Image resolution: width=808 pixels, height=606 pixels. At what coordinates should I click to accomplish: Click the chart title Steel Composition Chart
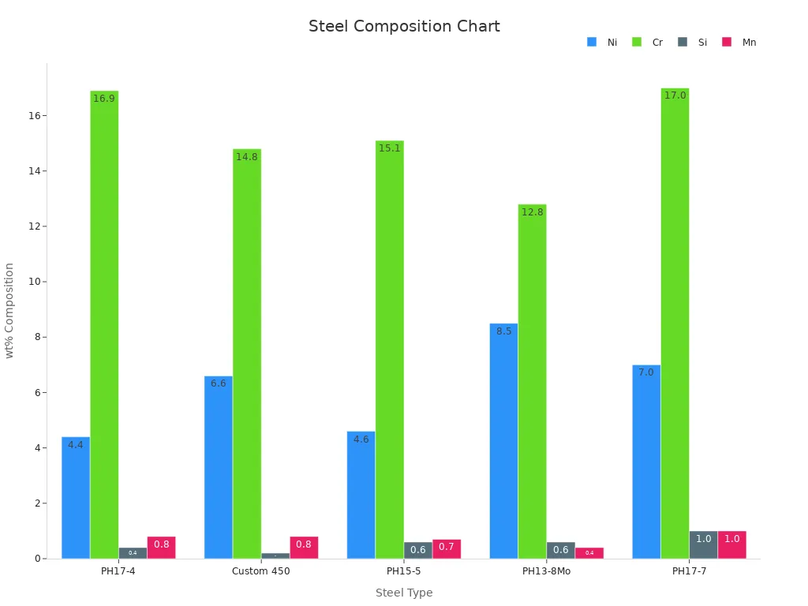(404, 26)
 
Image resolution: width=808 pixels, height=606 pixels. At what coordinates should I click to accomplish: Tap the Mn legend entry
(739, 43)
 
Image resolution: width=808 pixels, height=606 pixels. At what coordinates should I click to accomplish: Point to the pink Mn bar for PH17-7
(731, 545)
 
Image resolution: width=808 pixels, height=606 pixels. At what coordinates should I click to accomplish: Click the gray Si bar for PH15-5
(417, 550)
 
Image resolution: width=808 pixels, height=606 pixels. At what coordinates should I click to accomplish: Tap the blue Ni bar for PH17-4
(76, 497)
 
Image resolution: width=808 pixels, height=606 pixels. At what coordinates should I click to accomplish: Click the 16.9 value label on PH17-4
(104, 99)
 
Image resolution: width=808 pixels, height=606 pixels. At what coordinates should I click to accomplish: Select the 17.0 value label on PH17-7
(675, 95)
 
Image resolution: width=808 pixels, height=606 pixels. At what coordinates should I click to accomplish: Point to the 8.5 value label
(503, 331)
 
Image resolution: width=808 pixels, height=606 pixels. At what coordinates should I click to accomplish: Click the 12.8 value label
(532, 212)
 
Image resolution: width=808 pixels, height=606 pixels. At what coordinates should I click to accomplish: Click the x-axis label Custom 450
(261, 571)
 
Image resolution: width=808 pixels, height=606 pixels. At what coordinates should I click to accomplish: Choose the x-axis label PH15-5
(403, 571)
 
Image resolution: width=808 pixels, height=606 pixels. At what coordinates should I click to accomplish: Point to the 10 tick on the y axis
(35, 282)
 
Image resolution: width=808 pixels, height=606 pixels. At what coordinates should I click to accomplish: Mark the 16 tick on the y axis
(35, 116)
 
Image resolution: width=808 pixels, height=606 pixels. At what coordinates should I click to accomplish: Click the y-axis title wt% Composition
(10, 310)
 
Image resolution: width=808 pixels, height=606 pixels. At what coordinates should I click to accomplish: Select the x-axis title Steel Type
(404, 593)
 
